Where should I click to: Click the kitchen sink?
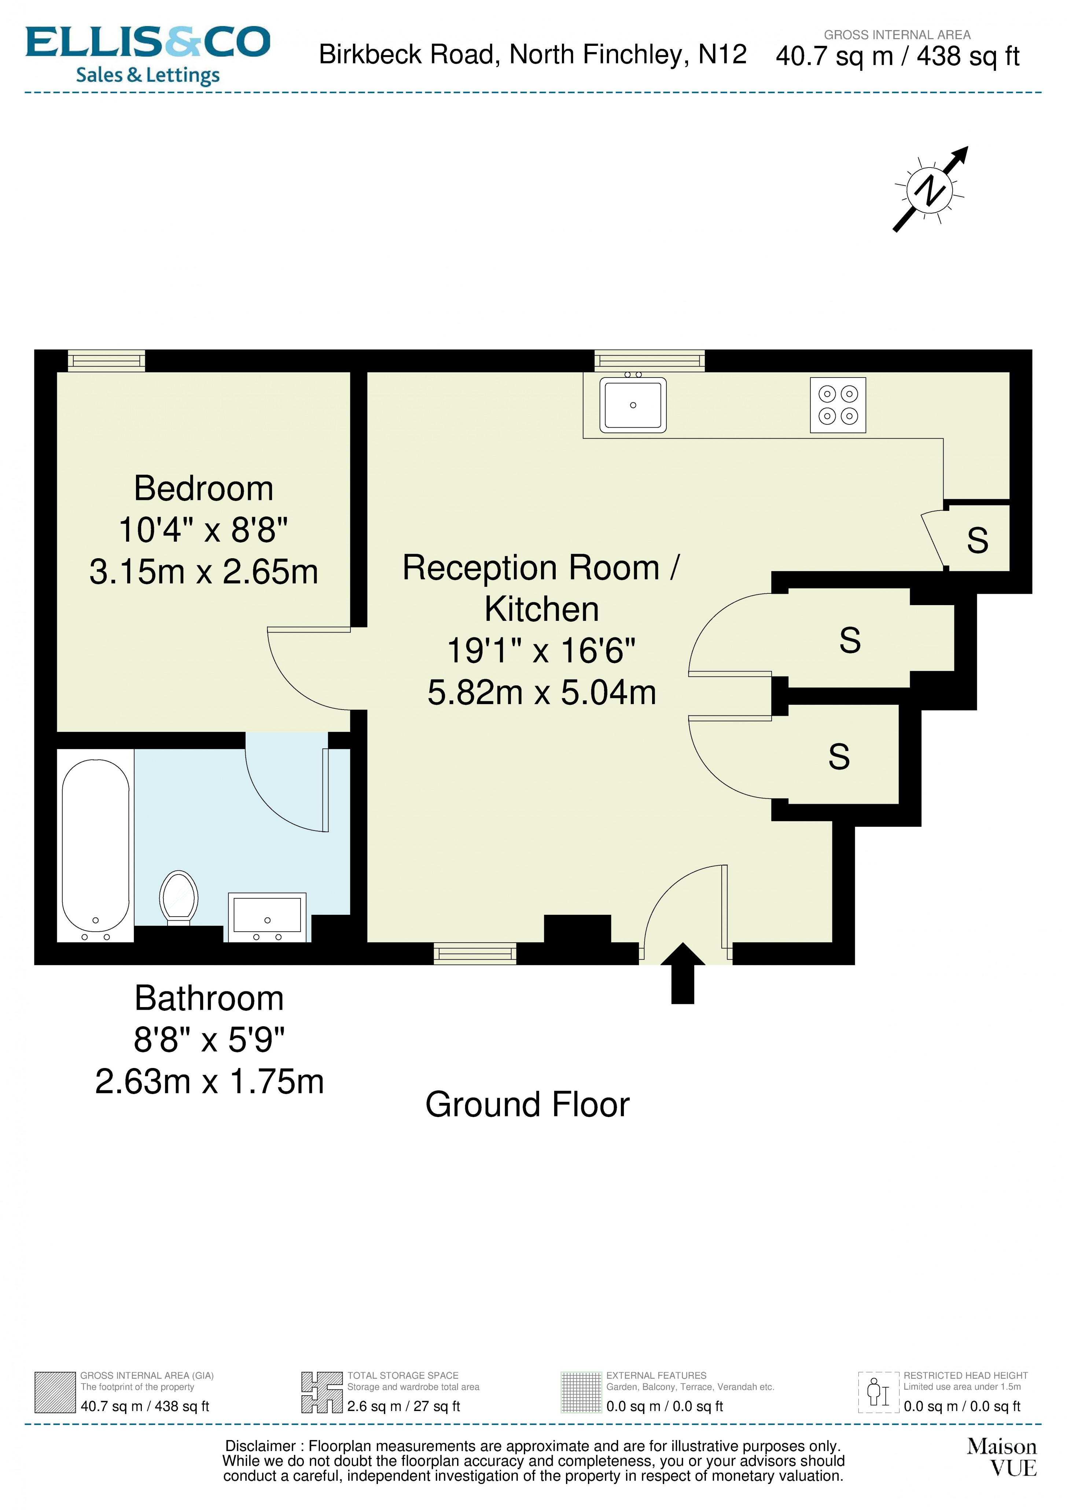point(632,405)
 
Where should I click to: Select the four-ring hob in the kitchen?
point(838,405)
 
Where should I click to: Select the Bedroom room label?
point(203,489)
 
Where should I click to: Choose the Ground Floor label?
point(527,1105)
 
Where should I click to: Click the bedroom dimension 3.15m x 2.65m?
point(203,571)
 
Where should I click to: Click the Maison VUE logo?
point(1001,1457)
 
